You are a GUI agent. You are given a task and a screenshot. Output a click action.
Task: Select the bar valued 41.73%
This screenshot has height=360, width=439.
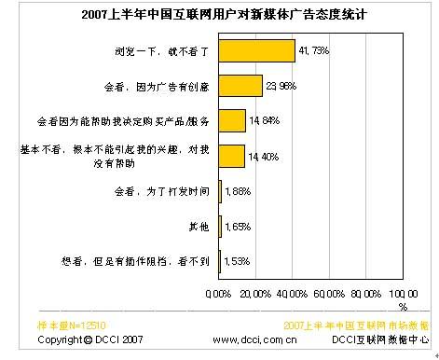(x=256, y=49)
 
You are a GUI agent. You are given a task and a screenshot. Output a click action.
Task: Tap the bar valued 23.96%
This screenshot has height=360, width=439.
(x=240, y=86)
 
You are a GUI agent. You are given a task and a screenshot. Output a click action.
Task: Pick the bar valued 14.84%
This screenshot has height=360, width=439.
(x=232, y=121)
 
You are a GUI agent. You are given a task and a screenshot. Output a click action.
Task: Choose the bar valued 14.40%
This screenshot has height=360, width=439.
(x=231, y=155)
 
